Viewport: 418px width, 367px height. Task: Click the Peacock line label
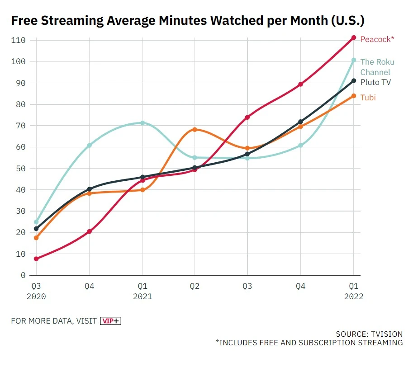pos(377,39)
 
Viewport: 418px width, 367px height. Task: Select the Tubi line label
pos(368,98)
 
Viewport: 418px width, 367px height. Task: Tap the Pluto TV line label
pos(375,82)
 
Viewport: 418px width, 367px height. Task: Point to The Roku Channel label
pos(377,67)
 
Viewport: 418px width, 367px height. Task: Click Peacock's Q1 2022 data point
pos(354,38)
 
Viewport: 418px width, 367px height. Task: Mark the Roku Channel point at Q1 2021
pos(142,123)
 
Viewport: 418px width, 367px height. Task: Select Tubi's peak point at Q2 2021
pos(195,130)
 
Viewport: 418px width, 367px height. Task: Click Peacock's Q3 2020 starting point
pos(36,259)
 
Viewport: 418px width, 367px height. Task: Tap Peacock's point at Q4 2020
pos(90,231)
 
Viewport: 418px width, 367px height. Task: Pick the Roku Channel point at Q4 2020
pos(90,145)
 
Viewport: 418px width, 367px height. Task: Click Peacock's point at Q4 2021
pos(300,85)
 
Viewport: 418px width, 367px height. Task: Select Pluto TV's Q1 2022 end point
pos(354,81)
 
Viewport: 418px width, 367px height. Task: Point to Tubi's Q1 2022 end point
pos(354,96)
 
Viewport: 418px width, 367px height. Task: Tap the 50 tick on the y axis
pos(20,169)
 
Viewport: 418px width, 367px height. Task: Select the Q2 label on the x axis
pos(195,286)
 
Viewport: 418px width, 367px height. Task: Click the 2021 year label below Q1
pos(142,296)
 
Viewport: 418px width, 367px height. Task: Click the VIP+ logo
pos(111,321)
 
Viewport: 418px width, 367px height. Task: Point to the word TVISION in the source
pos(385,334)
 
